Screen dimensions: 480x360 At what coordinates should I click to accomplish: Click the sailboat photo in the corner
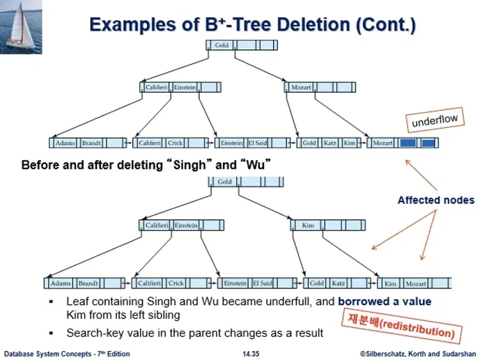click(21, 27)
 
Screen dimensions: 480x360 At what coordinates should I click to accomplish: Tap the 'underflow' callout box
click(435, 120)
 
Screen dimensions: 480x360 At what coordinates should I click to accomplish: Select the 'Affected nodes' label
click(436, 200)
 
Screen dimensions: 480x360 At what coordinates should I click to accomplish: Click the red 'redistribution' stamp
click(402, 326)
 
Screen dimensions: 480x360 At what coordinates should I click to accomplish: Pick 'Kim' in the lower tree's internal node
click(308, 226)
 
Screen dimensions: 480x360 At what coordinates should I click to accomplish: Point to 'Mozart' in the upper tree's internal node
click(301, 88)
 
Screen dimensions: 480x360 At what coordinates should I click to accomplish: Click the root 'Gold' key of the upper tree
click(222, 45)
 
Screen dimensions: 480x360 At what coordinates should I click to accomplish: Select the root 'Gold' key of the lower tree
click(225, 182)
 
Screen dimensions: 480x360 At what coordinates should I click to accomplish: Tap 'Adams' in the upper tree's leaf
click(65, 143)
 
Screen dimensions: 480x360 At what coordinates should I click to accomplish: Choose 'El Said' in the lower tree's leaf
click(263, 283)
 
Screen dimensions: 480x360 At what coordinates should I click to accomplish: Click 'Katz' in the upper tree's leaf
click(330, 143)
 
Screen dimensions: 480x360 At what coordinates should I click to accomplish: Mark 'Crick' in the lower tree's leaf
click(176, 283)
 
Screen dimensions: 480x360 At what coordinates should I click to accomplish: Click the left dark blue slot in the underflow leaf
click(408, 143)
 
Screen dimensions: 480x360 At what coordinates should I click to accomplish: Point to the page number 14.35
click(251, 354)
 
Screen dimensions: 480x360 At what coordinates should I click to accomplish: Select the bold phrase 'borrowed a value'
click(385, 302)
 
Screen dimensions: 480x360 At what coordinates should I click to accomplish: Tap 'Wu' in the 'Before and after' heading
click(255, 165)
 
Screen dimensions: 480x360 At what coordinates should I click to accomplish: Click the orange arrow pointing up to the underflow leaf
click(421, 175)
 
